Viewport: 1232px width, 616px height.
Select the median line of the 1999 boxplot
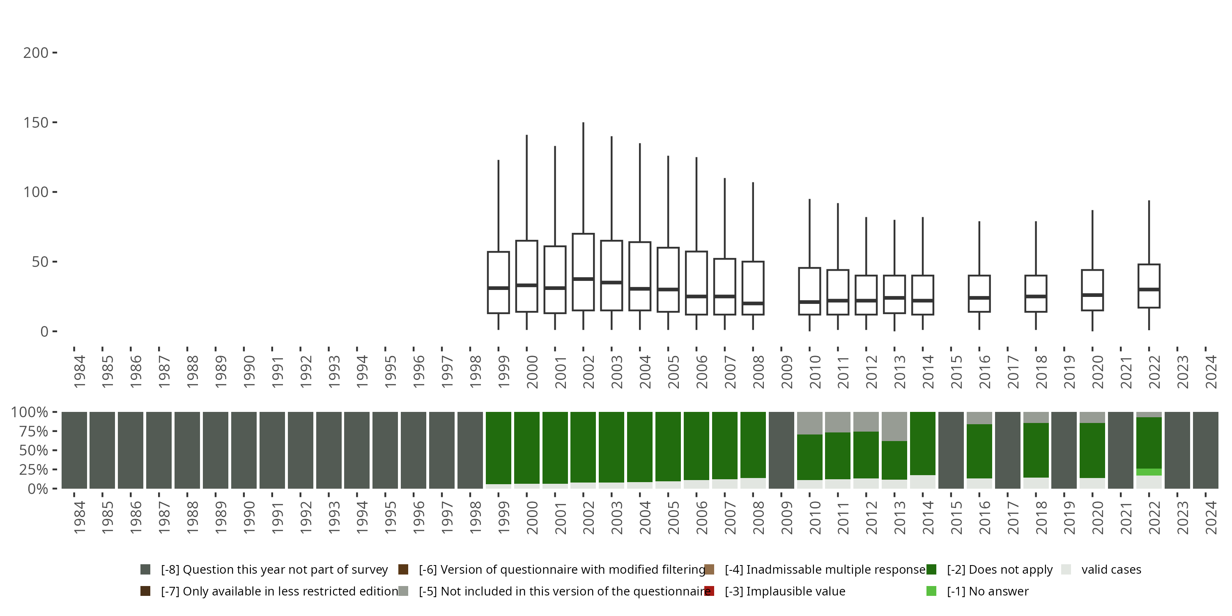(x=499, y=288)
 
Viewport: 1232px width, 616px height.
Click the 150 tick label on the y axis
(x=35, y=123)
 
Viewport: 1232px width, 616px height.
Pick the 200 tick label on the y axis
(x=35, y=53)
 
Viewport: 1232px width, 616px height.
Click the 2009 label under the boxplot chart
(x=787, y=372)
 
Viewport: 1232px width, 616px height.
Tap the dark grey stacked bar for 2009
(x=781, y=450)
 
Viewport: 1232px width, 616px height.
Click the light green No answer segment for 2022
(x=1149, y=472)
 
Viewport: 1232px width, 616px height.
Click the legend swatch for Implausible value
(x=709, y=591)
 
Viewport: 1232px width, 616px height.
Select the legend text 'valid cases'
(x=1111, y=570)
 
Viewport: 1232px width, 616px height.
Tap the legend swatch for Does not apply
(x=931, y=570)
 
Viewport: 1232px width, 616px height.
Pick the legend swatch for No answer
(x=931, y=591)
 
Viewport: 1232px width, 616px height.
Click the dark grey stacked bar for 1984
(x=74, y=450)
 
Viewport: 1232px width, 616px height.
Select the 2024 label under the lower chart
(x=1211, y=517)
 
